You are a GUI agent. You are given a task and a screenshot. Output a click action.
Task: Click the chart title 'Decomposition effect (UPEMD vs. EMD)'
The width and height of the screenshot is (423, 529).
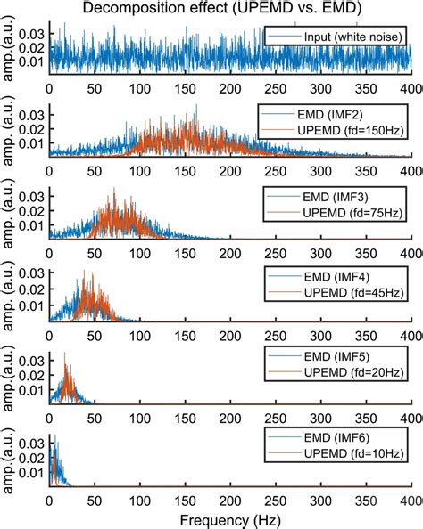point(211,9)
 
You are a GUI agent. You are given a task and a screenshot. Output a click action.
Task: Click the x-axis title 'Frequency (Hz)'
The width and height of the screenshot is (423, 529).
point(230,518)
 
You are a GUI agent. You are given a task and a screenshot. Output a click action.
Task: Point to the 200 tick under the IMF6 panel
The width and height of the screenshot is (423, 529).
point(230,498)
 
